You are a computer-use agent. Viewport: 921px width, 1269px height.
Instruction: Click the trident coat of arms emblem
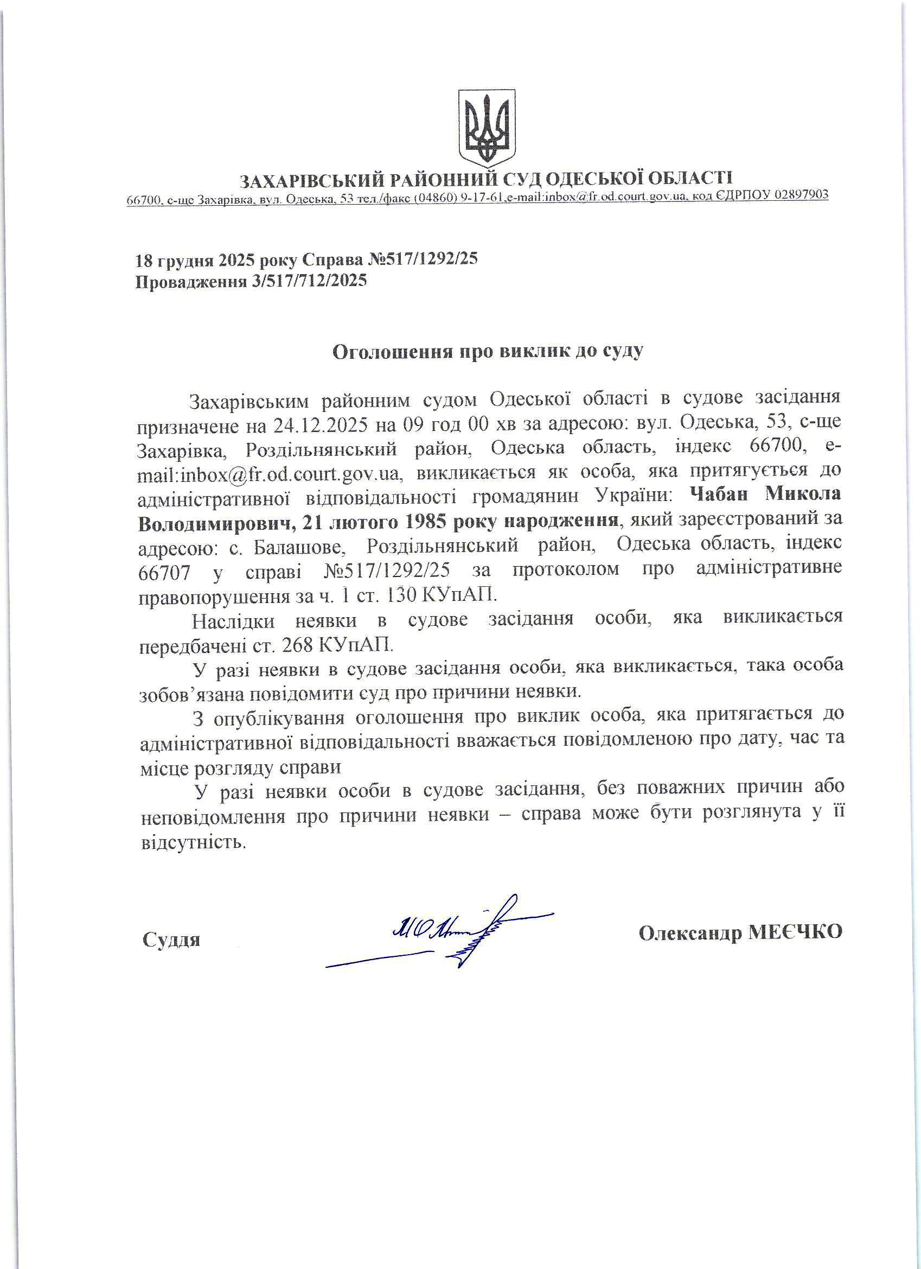pos(487,127)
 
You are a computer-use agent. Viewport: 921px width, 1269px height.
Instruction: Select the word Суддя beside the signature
pos(171,939)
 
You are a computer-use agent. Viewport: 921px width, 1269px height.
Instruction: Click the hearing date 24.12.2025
pos(321,426)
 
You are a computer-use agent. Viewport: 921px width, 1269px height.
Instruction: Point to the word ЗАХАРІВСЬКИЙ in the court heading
pos(311,180)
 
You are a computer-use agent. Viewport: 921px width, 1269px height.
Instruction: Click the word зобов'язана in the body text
pos(190,693)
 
